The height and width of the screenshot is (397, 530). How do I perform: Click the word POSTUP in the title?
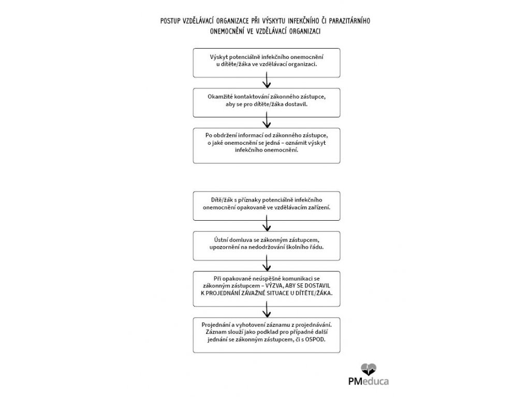tap(172, 22)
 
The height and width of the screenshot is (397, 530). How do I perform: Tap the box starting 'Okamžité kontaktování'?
tap(267, 102)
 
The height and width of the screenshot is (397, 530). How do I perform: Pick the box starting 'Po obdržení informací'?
tap(267, 146)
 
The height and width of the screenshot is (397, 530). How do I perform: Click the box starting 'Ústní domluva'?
tap(267, 245)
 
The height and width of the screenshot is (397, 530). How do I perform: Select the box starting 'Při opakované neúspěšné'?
tap(267, 285)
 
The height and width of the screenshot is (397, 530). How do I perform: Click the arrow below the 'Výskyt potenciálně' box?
tap(267, 81)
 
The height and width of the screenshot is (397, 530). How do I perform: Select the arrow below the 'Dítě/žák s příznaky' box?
tap(267, 224)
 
